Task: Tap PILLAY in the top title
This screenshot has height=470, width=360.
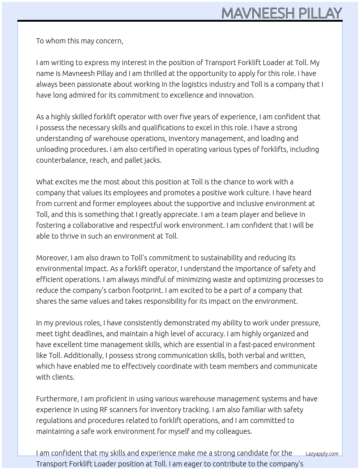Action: pos(320,13)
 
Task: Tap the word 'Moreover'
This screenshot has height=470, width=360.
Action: pos(52,258)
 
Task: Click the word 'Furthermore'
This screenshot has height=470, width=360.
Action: pos(57,399)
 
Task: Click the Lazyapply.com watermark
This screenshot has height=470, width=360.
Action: pos(322,454)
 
